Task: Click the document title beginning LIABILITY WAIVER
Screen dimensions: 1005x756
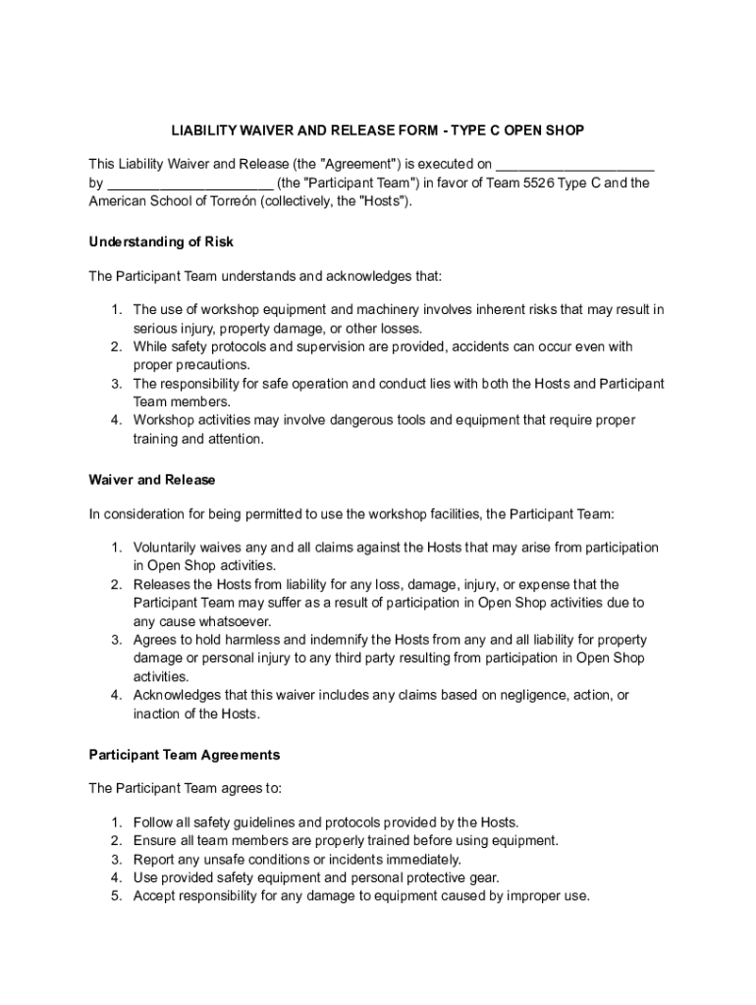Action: coord(378,131)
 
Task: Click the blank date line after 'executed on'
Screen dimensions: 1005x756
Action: coord(575,164)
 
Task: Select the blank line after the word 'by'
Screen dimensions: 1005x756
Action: coord(189,183)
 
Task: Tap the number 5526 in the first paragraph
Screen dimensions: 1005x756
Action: coord(517,183)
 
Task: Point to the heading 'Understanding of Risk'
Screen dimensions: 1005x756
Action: coord(161,241)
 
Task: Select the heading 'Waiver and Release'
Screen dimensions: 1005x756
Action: coord(152,480)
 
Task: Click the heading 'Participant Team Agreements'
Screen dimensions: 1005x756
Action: coord(185,755)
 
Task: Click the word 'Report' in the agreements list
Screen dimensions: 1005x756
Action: coord(154,859)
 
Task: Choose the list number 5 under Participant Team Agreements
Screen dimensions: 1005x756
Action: coord(115,896)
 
